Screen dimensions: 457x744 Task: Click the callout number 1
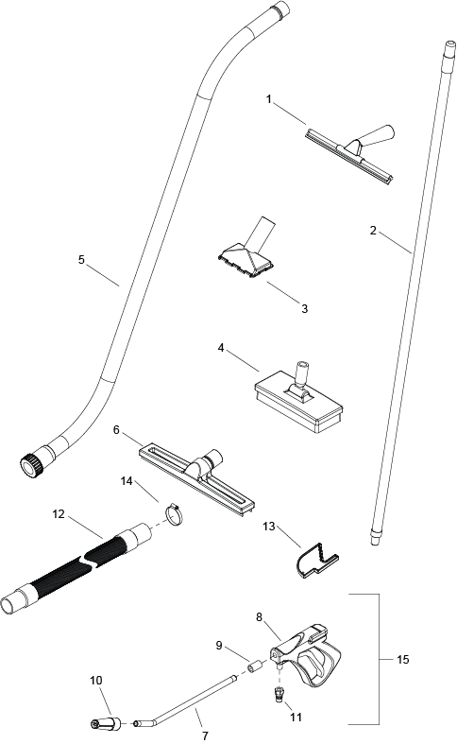269,99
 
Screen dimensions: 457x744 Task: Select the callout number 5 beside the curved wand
81,260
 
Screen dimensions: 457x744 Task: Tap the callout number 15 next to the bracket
402,659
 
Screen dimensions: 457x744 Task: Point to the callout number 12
59,514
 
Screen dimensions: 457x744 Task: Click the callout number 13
269,527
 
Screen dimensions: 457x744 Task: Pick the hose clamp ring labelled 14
174,514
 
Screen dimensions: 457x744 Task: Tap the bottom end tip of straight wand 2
375,541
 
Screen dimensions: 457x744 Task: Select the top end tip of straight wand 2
449,46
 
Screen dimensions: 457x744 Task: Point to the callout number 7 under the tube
205,735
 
